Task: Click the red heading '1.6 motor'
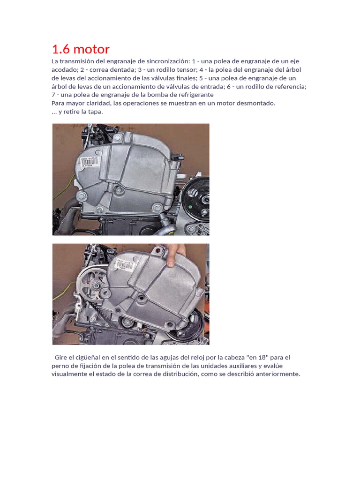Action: tap(80, 49)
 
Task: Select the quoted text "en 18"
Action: tap(259, 357)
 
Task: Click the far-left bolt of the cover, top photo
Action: tap(82, 196)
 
